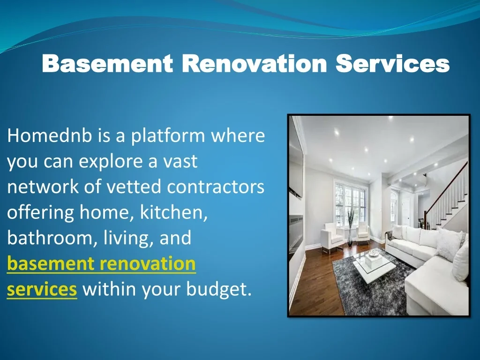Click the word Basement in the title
coord(107,63)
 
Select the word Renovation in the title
coord(255,63)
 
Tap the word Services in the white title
coord(393,63)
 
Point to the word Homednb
coord(50,135)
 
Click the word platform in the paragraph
coord(168,135)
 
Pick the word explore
coord(111,162)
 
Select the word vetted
coord(134,186)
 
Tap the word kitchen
coord(174,212)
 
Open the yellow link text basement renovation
coord(101,263)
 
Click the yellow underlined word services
coord(42,289)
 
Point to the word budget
coord(219,289)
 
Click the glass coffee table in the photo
coord(375,265)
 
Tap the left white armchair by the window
coord(332,238)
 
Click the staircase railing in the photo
coord(447,193)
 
